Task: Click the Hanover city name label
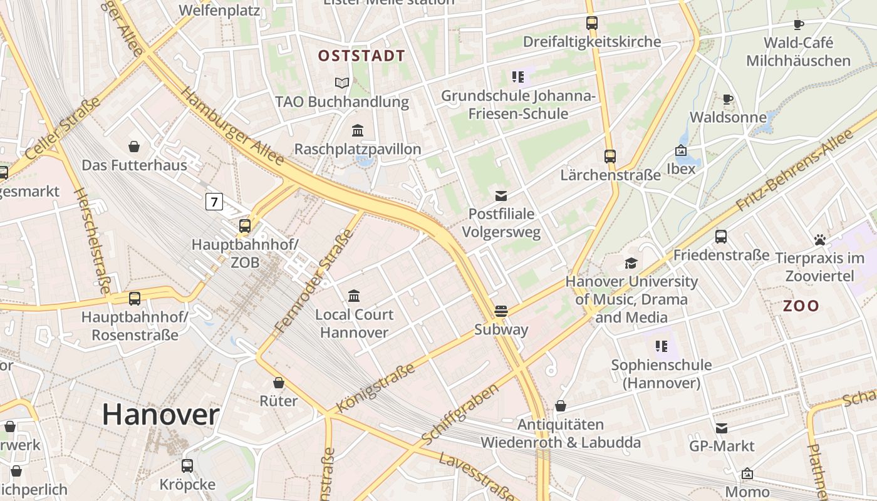(x=160, y=415)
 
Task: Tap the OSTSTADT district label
(x=361, y=56)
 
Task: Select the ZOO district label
(x=801, y=306)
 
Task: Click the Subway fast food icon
(x=501, y=311)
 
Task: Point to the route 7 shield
(x=214, y=202)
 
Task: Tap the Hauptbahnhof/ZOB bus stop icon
(x=245, y=226)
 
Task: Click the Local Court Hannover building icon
(x=354, y=296)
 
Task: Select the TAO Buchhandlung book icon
(x=341, y=83)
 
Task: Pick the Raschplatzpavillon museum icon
(x=358, y=130)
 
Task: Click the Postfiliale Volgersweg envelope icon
(x=501, y=196)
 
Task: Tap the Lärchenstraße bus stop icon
(x=610, y=157)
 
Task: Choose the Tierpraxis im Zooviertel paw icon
(x=820, y=240)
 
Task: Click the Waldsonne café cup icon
(x=727, y=99)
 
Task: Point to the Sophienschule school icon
(x=661, y=346)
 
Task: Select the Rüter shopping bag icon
(x=279, y=382)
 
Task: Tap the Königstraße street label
(x=376, y=388)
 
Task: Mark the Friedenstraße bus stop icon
(x=721, y=236)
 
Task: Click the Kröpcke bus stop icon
(x=187, y=465)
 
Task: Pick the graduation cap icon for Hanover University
(x=631, y=263)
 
